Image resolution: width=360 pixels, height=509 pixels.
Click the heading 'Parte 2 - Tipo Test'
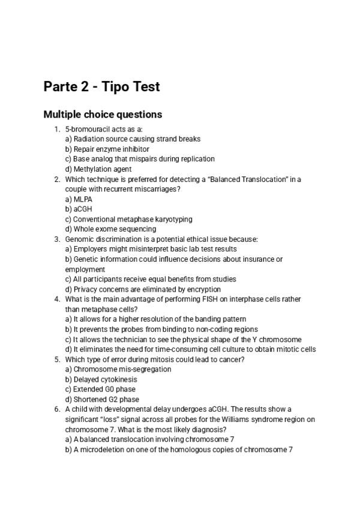coord(101,87)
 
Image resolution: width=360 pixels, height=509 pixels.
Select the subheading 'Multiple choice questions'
coord(103,114)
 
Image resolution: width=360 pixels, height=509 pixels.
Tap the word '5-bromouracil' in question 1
coord(84,129)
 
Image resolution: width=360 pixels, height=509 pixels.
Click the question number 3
coord(56,239)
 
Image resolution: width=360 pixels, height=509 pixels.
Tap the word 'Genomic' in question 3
coord(80,239)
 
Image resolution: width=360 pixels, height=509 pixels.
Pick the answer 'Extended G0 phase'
coord(100,390)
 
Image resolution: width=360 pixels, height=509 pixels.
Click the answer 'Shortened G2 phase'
coord(102,399)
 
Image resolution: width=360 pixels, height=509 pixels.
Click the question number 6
coord(56,409)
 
